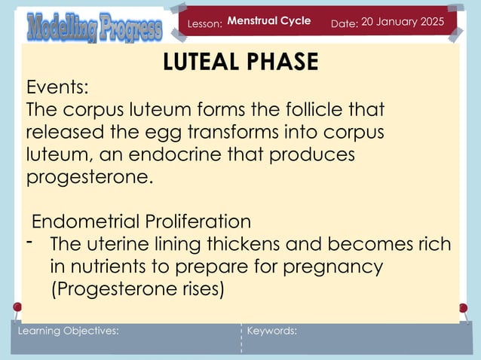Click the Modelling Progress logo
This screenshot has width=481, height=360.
click(x=94, y=27)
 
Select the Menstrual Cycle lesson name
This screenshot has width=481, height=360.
click(x=269, y=21)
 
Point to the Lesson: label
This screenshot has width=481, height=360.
click(x=205, y=25)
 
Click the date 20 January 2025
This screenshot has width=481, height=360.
click(x=403, y=21)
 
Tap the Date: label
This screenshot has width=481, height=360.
click(x=344, y=25)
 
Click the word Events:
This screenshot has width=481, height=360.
click(x=57, y=87)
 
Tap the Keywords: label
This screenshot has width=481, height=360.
click(x=272, y=331)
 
